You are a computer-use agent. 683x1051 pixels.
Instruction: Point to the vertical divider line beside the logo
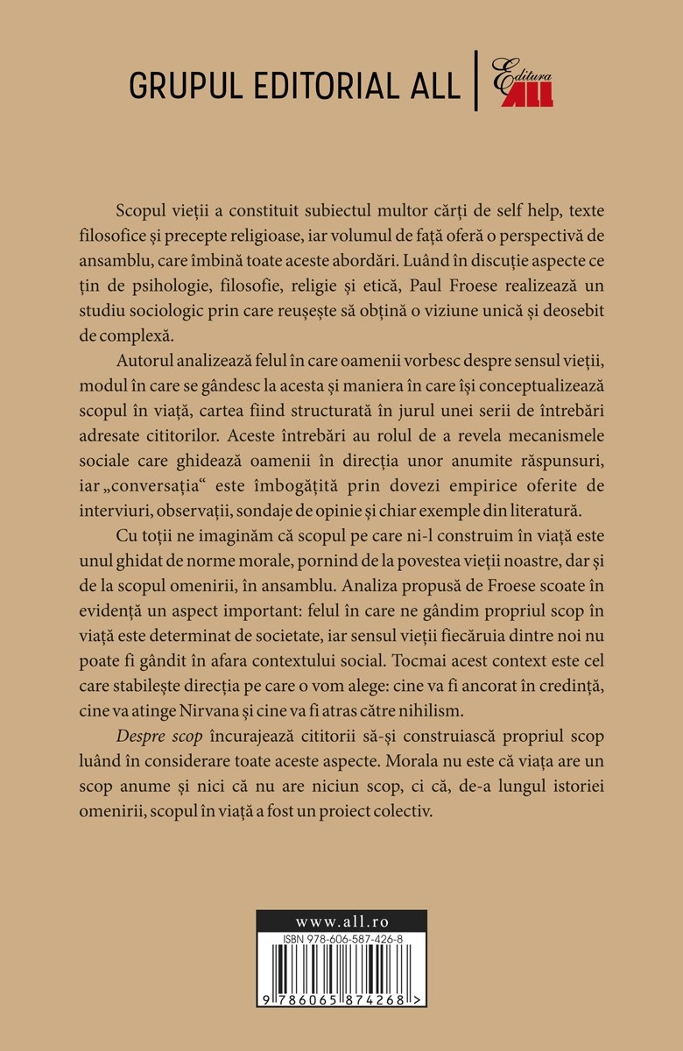tap(476, 81)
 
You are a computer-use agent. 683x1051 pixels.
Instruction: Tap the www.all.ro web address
tap(341, 921)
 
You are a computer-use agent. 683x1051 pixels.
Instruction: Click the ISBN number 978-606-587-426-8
tap(346, 939)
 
